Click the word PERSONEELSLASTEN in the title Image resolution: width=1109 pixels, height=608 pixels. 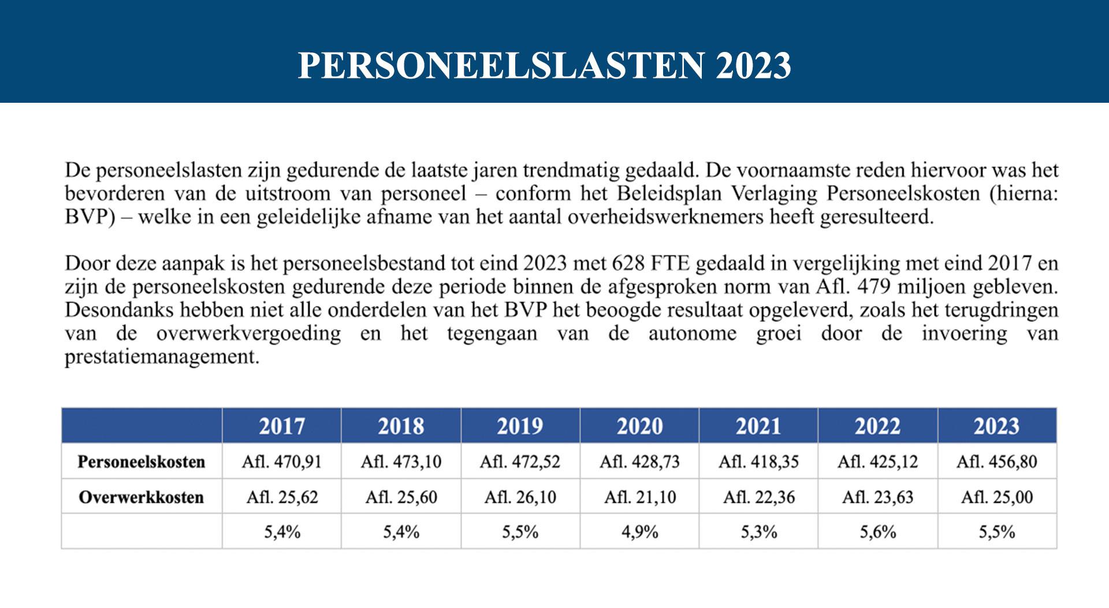point(501,65)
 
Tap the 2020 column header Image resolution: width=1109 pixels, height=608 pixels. point(639,426)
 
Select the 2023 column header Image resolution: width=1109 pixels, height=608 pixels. point(996,426)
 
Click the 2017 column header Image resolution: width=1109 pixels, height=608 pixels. point(281,426)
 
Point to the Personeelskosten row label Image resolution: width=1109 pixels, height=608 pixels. point(142,462)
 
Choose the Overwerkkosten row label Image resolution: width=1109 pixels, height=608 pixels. point(142,497)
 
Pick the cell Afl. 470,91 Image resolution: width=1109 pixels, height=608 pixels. point(281,462)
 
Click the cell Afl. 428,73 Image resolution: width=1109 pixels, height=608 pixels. point(639,462)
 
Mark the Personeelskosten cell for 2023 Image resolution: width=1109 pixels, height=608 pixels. point(996,462)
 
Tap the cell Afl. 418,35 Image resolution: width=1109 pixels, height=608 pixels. point(758,462)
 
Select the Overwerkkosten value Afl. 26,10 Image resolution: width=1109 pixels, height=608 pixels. point(520,497)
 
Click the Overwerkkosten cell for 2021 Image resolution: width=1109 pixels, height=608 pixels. point(758,497)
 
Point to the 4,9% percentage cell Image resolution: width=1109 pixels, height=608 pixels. point(639,532)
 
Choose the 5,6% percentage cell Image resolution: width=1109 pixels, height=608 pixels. point(877,532)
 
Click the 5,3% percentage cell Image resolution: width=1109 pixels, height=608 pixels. point(758,532)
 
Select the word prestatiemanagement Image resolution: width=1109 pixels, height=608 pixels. point(162,357)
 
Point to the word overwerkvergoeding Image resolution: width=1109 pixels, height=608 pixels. point(248,334)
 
